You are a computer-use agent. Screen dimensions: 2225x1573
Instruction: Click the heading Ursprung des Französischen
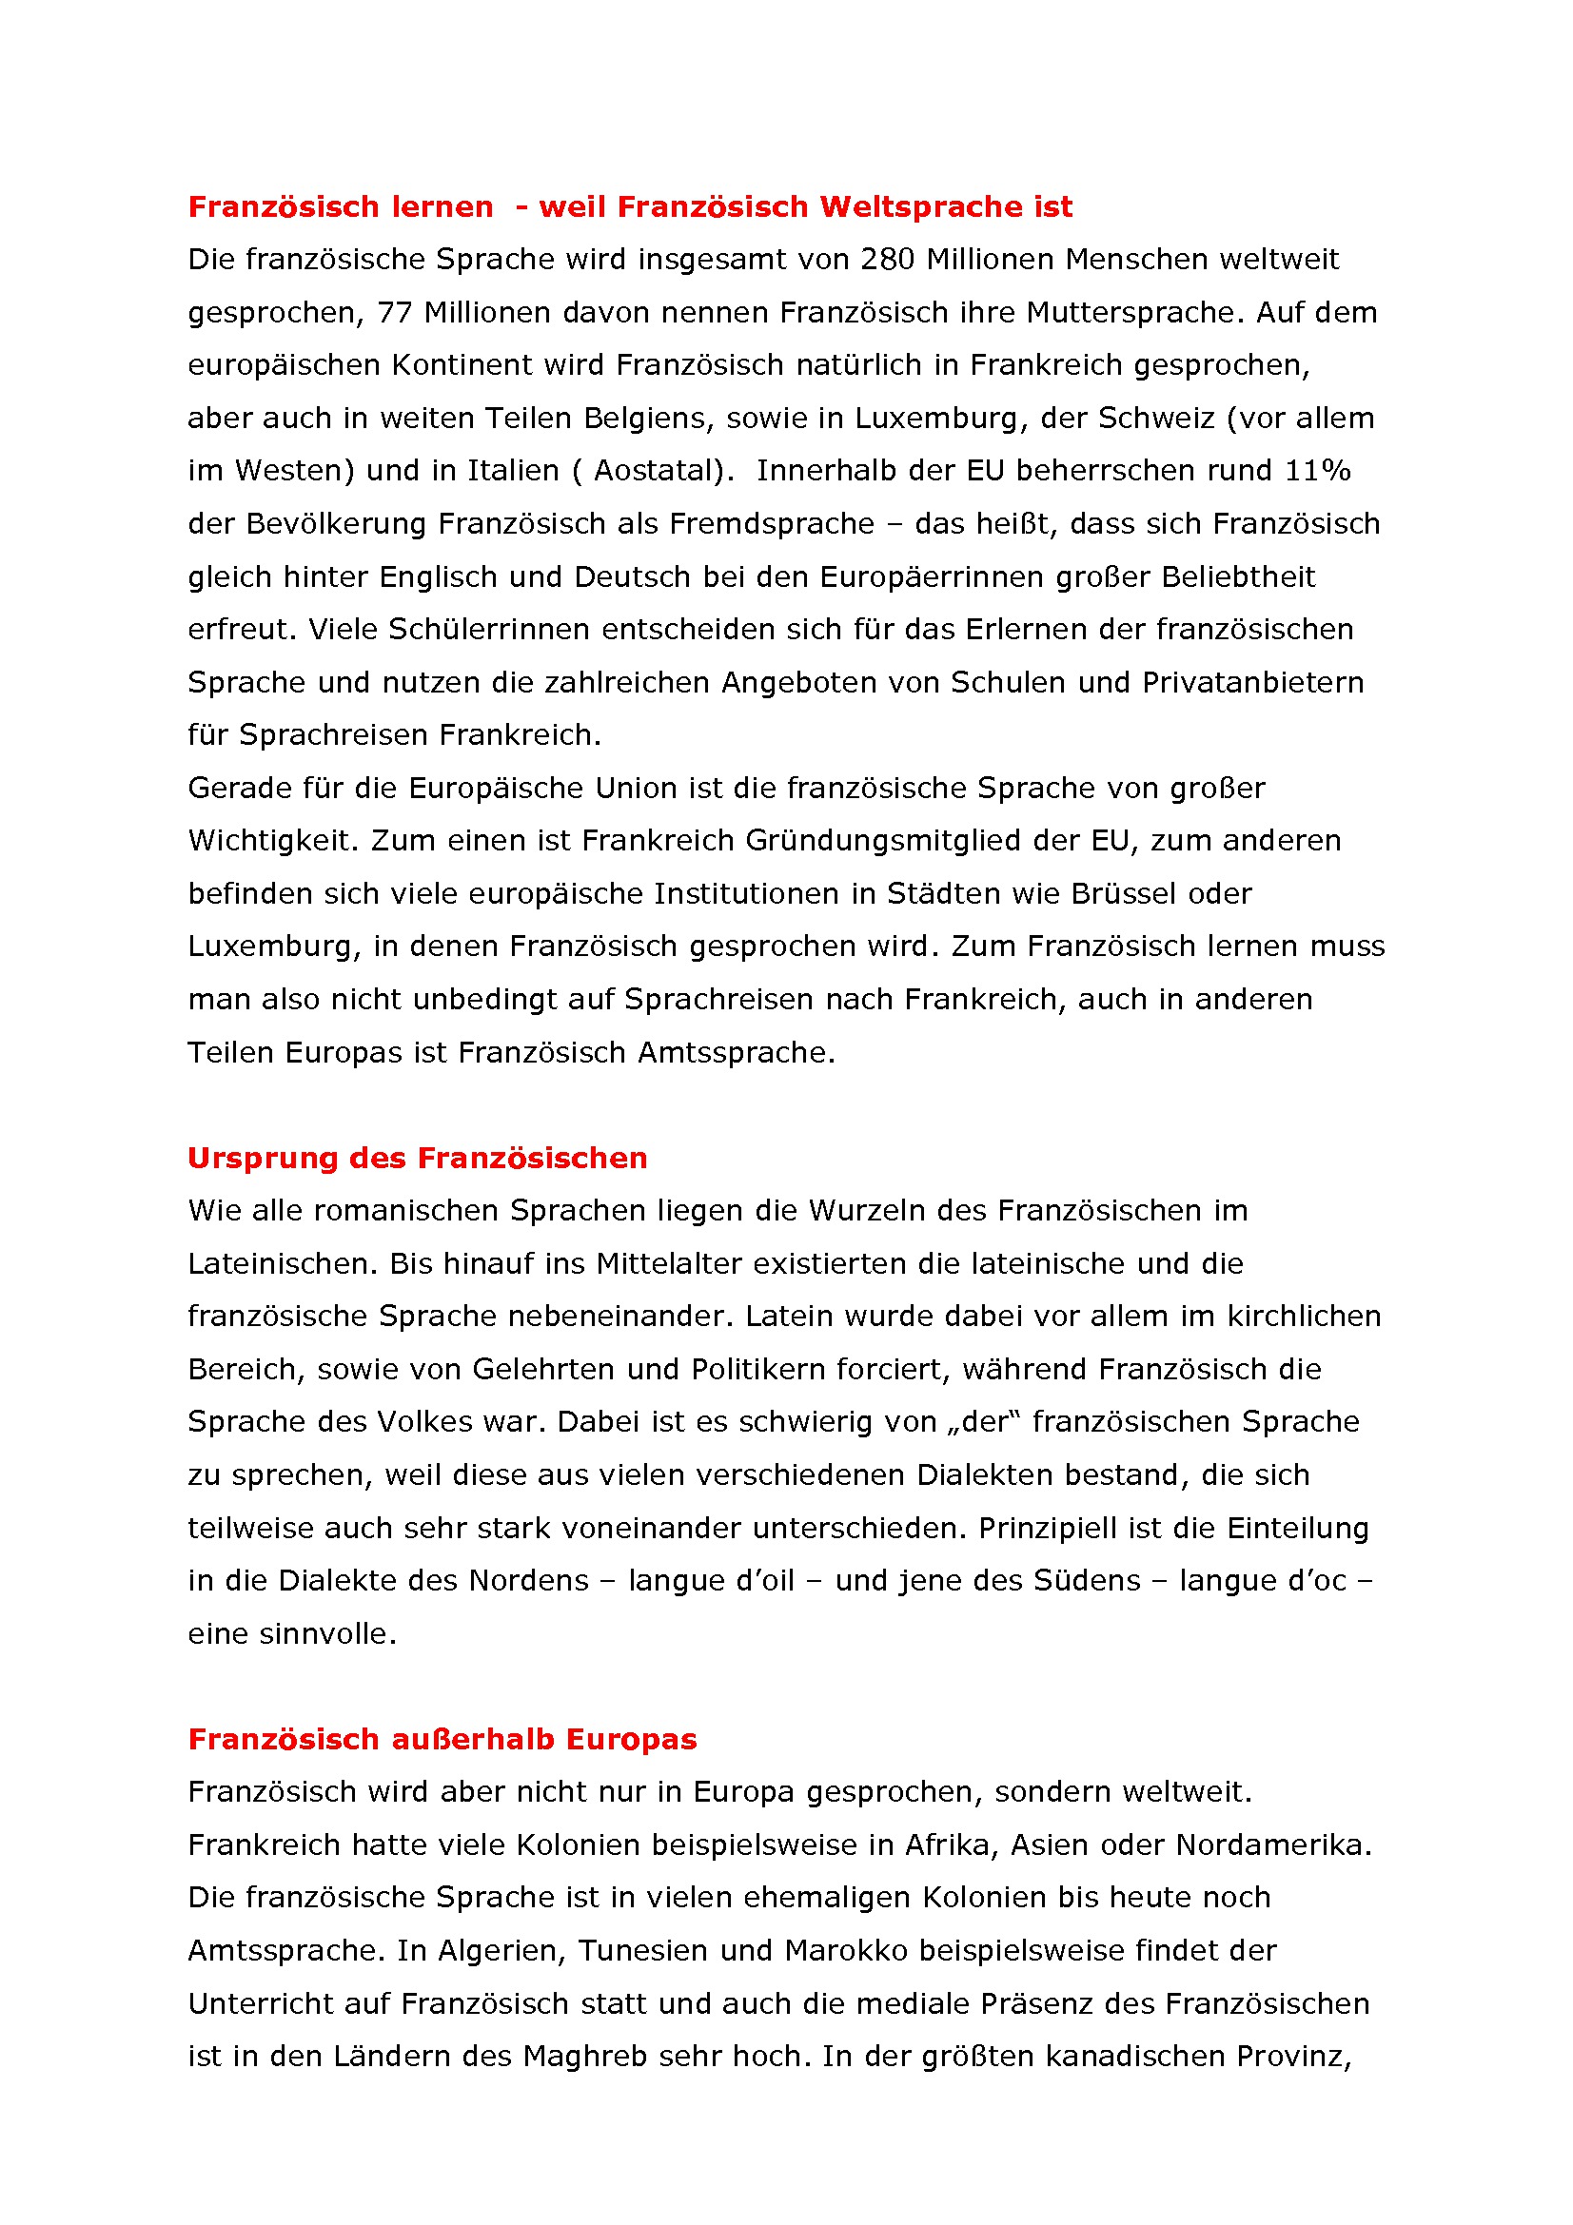coord(418,1158)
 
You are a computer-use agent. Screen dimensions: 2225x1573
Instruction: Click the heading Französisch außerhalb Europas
coord(442,1740)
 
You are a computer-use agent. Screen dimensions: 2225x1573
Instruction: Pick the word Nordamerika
coord(1272,1845)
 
